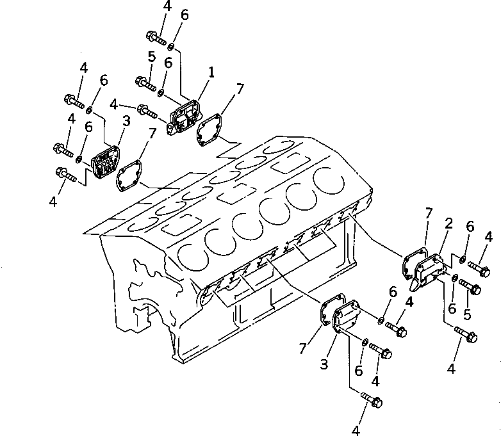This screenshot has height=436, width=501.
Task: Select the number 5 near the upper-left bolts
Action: [151, 56]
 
